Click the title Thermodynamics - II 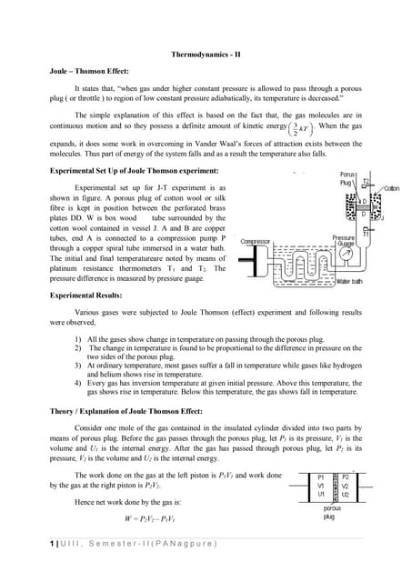pyautogui.click(x=206, y=55)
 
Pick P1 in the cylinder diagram pyautogui.click(x=320, y=477)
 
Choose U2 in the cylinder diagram pyautogui.click(x=345, y=495)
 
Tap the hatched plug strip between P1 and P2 pyautogui.click(x=334, y=487)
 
